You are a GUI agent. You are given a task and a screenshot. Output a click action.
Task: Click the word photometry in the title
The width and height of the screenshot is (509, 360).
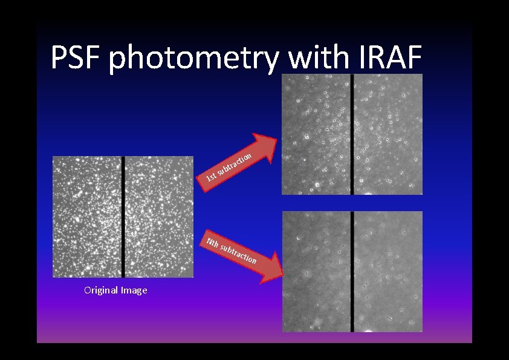(195, 59)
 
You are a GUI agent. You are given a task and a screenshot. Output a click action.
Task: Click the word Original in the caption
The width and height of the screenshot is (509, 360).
(102, 290)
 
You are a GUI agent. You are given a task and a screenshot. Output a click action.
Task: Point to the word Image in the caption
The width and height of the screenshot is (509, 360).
(134, 290)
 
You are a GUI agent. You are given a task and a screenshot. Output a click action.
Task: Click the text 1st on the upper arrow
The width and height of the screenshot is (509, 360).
(211, 177)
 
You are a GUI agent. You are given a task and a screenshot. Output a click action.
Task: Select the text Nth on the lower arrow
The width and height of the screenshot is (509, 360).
(212, 243)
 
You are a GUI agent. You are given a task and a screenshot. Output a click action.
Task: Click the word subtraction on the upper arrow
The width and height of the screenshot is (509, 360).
(235, 163)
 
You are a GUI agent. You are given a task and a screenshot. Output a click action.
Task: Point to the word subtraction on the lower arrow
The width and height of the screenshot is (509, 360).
(239, 254)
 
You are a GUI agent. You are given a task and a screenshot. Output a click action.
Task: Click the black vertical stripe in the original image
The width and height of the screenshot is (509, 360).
(123, 217)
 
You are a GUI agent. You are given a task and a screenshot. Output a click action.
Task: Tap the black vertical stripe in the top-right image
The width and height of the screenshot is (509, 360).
(352, 134)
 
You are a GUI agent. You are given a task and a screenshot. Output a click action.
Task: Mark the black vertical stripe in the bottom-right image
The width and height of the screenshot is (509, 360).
(352, 271)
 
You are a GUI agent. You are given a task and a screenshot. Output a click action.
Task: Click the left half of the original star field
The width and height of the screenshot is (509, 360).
(87, 217)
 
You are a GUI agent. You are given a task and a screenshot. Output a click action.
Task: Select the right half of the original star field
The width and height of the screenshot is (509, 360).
(159, 217)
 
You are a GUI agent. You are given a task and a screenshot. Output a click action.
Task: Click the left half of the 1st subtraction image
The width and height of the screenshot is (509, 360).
(316, 134)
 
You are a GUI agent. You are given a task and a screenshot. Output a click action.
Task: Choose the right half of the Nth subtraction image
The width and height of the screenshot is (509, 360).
(388, 271)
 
